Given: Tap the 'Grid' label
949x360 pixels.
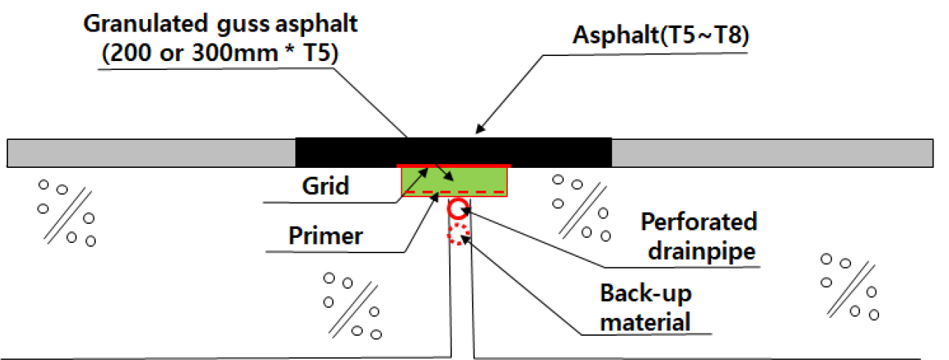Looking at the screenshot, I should (325, 187).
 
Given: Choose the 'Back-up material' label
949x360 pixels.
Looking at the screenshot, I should (646, 308).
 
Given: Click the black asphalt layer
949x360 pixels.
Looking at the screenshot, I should (453, 152).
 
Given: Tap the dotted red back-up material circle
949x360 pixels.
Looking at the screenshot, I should (459, 235).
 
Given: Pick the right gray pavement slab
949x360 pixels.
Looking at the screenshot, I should (772, 152).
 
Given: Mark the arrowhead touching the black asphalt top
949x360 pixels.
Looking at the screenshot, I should (479, 132).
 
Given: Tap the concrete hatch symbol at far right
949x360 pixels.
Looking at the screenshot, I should (849, 286).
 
